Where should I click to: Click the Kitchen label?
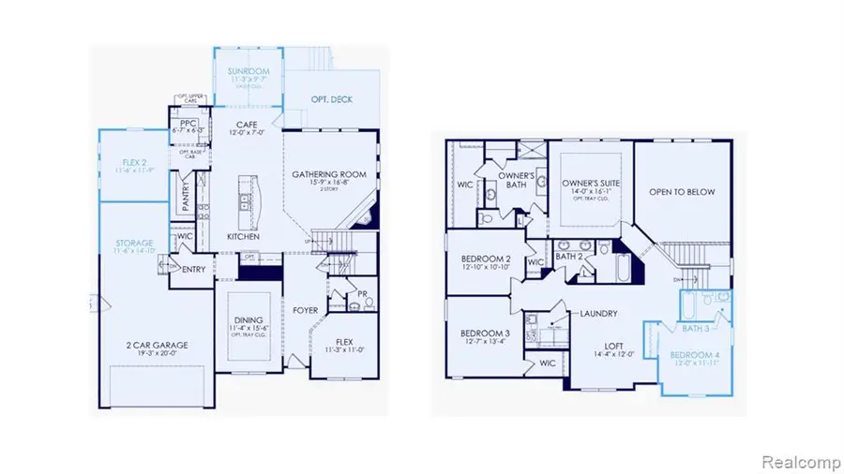point(243,237)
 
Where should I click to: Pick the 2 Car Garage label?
point(156,345)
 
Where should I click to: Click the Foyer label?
point(306,310)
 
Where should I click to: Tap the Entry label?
point(194,270)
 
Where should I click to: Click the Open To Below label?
point(683,192)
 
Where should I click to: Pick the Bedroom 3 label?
point(485,333)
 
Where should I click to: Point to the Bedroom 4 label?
point(698,357)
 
